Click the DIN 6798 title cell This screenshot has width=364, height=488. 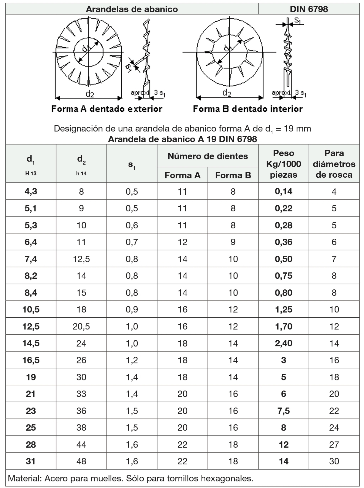click(x=308, y=9)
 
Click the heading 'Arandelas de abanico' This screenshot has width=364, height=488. click(x=132, y=9)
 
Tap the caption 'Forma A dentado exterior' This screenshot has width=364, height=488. click(x=107, y=109)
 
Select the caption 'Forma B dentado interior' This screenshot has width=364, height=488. click(x=248, y=109)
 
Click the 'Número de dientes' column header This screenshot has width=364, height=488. click(x=207, y=156)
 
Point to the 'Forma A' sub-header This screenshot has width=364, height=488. click(x=182, y=175)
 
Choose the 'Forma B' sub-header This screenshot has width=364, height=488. click(x=233, y=175)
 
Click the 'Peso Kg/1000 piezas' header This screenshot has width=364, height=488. click(x=283, y=164)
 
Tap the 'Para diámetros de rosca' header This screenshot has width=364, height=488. click(x=334, y=164)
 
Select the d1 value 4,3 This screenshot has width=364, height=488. click(x=31, y=191)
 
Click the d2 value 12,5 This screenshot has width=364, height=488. click(x=81, y=259)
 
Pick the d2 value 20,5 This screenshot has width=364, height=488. click(x=81, y=326)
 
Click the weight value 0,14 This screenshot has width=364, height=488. click(x=283, y=191)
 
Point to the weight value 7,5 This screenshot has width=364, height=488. click(x=283, y=411)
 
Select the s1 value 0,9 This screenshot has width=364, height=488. click(x=132, y=309)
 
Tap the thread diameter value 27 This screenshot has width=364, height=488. click(x=334, y=445)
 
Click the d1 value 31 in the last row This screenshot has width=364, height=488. click(x=31, y=461)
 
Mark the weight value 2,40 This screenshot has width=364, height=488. click(x=283, y=343)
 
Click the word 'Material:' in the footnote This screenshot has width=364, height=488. click(x=25, y=479)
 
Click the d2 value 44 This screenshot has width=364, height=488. click(x=81, y=445)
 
